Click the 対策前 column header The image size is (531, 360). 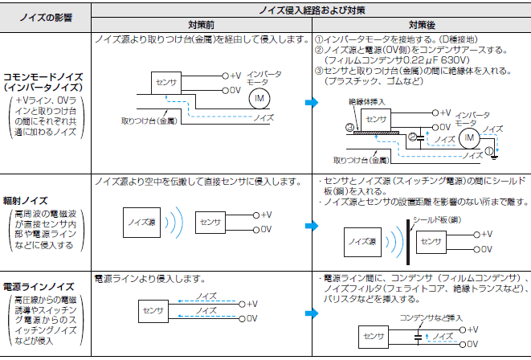tap(201, 25)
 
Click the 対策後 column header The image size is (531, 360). tap(422, 25)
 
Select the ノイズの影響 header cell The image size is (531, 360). tap(46, 17)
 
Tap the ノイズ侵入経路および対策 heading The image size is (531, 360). tap(312, 10)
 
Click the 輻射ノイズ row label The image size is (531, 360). tap(26, 200)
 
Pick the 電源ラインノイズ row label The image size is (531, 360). tap(39, 287)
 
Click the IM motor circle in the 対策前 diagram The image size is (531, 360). tap(259, 99)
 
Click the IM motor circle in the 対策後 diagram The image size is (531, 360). tap(469, 138)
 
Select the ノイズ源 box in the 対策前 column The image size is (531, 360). tap(141, 223)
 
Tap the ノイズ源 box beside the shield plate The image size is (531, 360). tap(362, 242)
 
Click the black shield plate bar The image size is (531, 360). tap(408, 242)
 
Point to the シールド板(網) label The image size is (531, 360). tap(437, 220)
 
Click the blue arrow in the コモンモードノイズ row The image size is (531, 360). tap(312, 102)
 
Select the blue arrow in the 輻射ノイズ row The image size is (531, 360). tap(312, 226)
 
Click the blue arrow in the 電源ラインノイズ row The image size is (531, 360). tap(312, 313)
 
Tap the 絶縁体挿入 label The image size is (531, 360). tap(367, 101)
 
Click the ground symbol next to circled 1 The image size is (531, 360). tap(494, 157)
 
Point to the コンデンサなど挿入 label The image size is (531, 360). tap(431, 318)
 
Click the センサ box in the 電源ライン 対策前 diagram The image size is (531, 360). tap(153, 311)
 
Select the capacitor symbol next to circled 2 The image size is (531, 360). tap(420, 138)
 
